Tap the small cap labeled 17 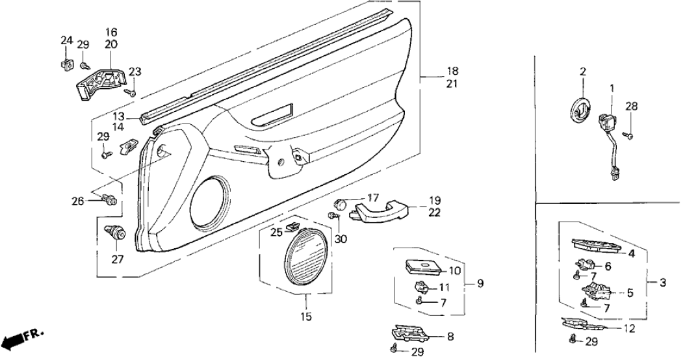(x=343, y=203)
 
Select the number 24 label (x=66, y=40)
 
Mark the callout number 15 (x=306, y=317)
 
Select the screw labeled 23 (x=132, y=94)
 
